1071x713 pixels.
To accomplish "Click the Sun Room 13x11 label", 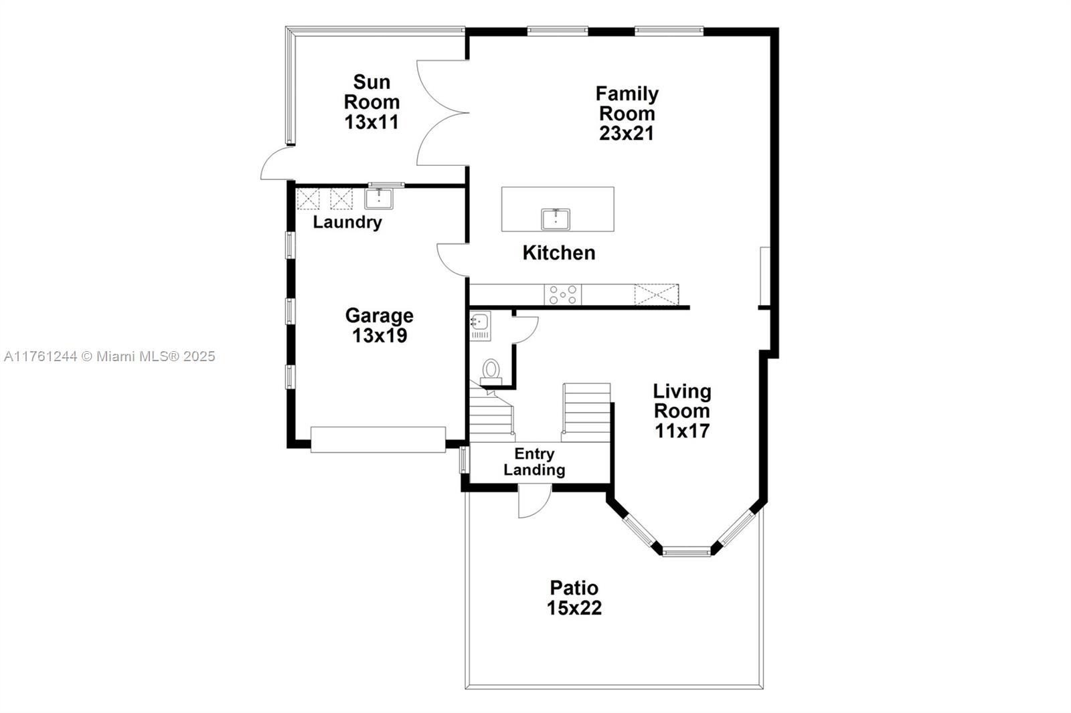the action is click(372, 102).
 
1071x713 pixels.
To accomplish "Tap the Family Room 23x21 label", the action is click(627, 113).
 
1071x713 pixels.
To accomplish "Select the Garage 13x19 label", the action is click(379, 326).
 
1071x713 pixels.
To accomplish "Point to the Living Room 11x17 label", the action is click(682, 411).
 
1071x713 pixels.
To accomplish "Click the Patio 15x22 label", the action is click(574, 598).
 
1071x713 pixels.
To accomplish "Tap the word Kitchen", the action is click(559, 253).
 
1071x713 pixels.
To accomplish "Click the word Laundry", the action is click(347, 222).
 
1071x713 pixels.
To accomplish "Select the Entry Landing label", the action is click(534, 462).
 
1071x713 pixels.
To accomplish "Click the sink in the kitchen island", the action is click(555, 219).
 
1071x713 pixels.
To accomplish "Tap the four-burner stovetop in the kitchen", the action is click(563, 295).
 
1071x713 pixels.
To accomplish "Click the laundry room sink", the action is click(379, 199).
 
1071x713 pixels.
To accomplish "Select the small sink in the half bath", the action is click(480, 322).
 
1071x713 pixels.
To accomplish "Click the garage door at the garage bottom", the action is click(378, 439).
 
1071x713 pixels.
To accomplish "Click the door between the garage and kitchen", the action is click(452, 260).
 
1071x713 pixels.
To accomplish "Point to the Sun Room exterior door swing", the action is click(277, 163).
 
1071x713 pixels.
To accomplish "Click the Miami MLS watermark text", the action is click(110, 356).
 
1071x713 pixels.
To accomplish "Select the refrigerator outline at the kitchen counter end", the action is click(657, 295).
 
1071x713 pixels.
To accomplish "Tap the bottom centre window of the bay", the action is click(686, 553).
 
